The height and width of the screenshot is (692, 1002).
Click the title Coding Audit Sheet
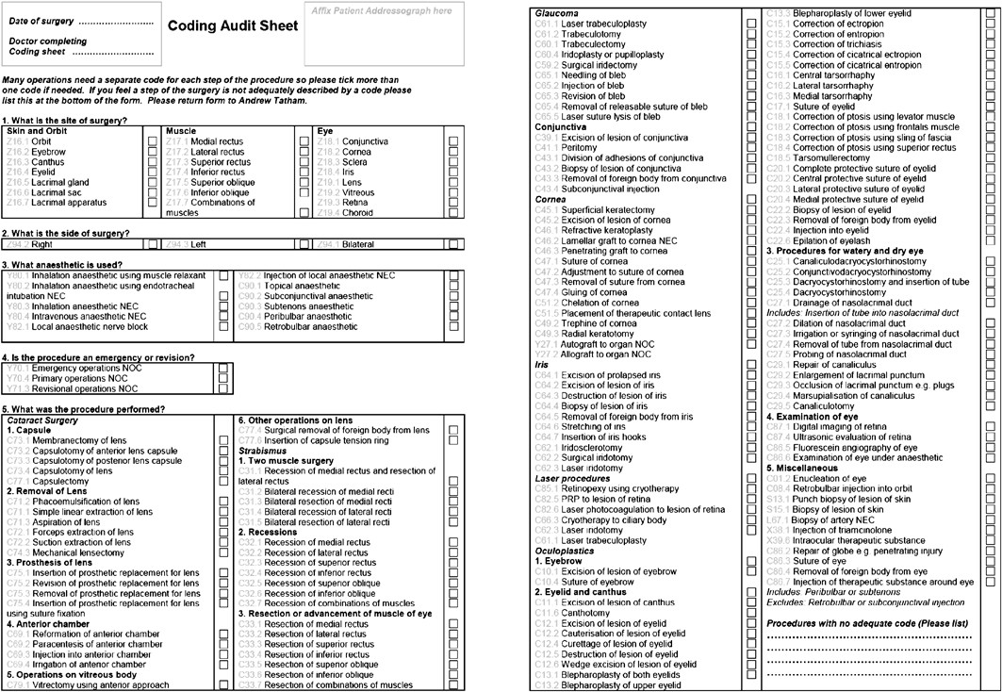coord(230,26)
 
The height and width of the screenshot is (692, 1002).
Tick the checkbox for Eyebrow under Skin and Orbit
coord(153,151)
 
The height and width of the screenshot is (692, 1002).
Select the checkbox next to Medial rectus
coord(304,140)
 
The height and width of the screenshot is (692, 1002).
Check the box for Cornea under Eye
coord(453,151)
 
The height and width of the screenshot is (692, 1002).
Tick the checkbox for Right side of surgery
coord(153,243)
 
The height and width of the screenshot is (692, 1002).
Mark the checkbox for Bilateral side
coord(453,243)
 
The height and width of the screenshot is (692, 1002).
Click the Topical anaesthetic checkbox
coord(453,285)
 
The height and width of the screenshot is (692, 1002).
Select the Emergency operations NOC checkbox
coord(223,369)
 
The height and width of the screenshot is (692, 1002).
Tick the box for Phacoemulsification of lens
coord(223,502)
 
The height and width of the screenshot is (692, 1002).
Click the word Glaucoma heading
coord(556,13)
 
